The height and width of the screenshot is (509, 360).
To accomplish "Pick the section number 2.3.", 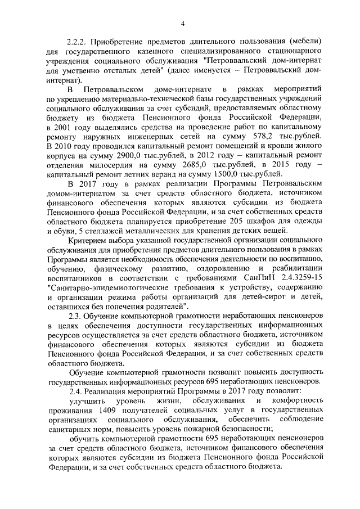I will pyautogui.click(x=75, y=317).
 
